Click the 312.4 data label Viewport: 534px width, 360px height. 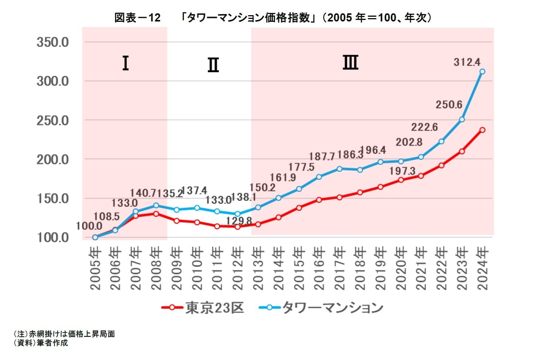(467, 62)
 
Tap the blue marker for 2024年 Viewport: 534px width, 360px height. (482, 71)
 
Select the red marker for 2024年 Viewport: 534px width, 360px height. (482, 130)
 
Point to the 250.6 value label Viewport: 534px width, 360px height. (449, 105)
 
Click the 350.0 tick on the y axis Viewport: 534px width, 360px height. (53, 42)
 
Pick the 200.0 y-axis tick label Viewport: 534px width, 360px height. (53, 160)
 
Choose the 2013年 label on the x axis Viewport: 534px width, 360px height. (258, 269)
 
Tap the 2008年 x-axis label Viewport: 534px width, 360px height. (156, 269)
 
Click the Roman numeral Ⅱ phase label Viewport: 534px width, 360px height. (213, 65)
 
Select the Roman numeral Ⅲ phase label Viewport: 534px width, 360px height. (350, 62)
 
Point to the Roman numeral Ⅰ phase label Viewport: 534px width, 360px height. (125, 63)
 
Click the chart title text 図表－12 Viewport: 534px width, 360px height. (137, 17)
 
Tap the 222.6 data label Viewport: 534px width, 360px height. (424, 127)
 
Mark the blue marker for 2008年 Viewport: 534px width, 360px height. (156, 205)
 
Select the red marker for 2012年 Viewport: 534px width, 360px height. (238, 226)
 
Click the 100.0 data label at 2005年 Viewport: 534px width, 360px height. (89, 226)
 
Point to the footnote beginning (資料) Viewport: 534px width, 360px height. (41, 343)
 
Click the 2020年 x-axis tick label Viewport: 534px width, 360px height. (401, 269)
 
